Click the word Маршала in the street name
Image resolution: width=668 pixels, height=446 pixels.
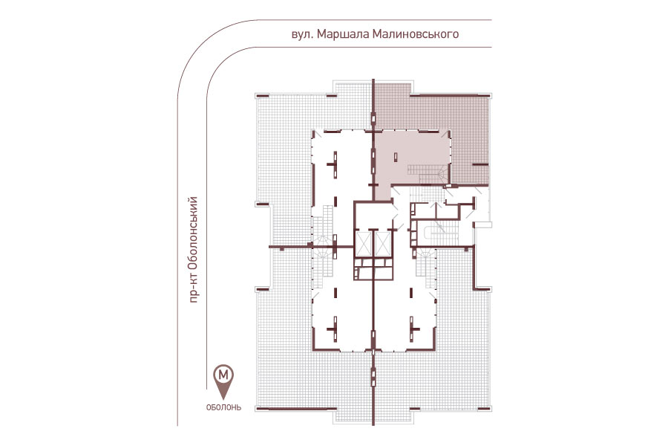tap(343, 34)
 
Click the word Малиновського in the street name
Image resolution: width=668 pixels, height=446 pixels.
tap(416, 34)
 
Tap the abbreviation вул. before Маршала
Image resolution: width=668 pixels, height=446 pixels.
tap(303, 35)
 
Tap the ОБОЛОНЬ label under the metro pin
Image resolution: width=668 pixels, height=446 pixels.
tap(223, 407)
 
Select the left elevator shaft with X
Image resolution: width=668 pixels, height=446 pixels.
tap(364, 244)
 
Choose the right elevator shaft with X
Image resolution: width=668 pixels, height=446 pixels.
tap(382, 244)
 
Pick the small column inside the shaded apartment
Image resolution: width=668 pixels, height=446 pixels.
tap(396, 157)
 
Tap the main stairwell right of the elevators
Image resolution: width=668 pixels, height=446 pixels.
tap(437, 233)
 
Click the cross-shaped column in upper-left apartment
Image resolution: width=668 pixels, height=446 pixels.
tap(335, 164)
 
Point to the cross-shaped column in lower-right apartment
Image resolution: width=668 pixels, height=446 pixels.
tap(412, 329)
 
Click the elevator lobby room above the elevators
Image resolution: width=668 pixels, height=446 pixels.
tap(373, 216)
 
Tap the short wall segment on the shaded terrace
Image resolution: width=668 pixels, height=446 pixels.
tap(479, 164)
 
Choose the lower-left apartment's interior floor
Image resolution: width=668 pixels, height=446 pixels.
tap(341, 318)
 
